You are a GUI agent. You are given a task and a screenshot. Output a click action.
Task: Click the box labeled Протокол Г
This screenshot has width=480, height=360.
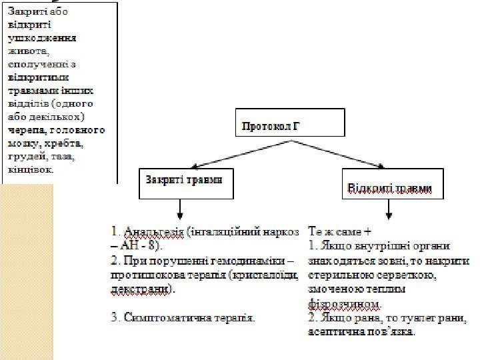click(291, 123)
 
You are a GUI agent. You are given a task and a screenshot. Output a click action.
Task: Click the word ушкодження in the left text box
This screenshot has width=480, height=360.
click(41, 37)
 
